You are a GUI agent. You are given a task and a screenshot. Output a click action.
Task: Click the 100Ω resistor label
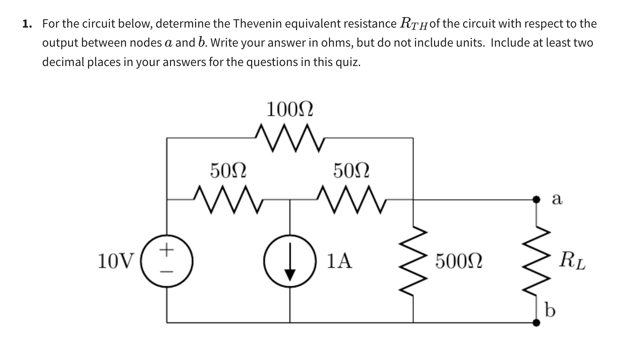pyautogui.click(x=290, y=110)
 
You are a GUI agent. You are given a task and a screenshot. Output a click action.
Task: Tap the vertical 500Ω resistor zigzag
pyautogui.click(x=413, y=261)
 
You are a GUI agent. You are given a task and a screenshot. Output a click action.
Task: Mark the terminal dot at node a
pyautogui.click(x=536, y=199)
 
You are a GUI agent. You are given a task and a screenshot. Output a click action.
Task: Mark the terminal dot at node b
pyautogui.click(x=536, y=323)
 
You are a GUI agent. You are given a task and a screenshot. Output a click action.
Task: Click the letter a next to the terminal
pyautogui.click(x=557, y=199)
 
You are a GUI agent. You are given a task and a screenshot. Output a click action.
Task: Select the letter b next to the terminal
pyautogui.click(x=550, y=310)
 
